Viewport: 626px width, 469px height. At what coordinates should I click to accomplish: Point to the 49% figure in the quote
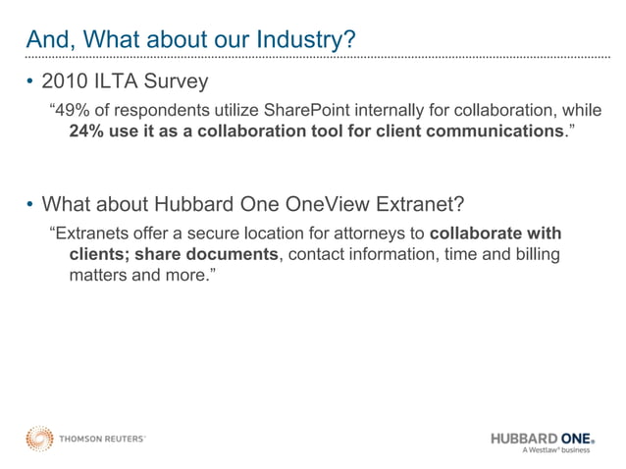[x=73, y=107]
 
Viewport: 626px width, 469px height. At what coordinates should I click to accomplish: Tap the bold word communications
[x=491, y=130]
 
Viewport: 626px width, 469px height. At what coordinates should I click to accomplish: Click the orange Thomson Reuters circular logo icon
[x=39, y=438]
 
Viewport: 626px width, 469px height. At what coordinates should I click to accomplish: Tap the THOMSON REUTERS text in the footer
[x=102, y=439]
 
